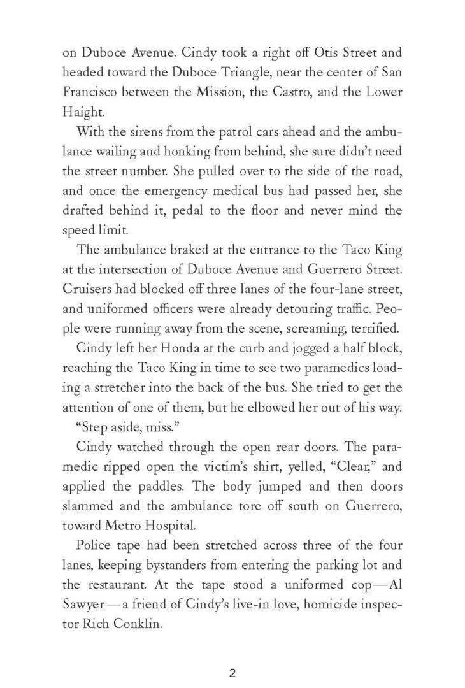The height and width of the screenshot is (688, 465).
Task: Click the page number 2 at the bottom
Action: coord(232,656)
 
